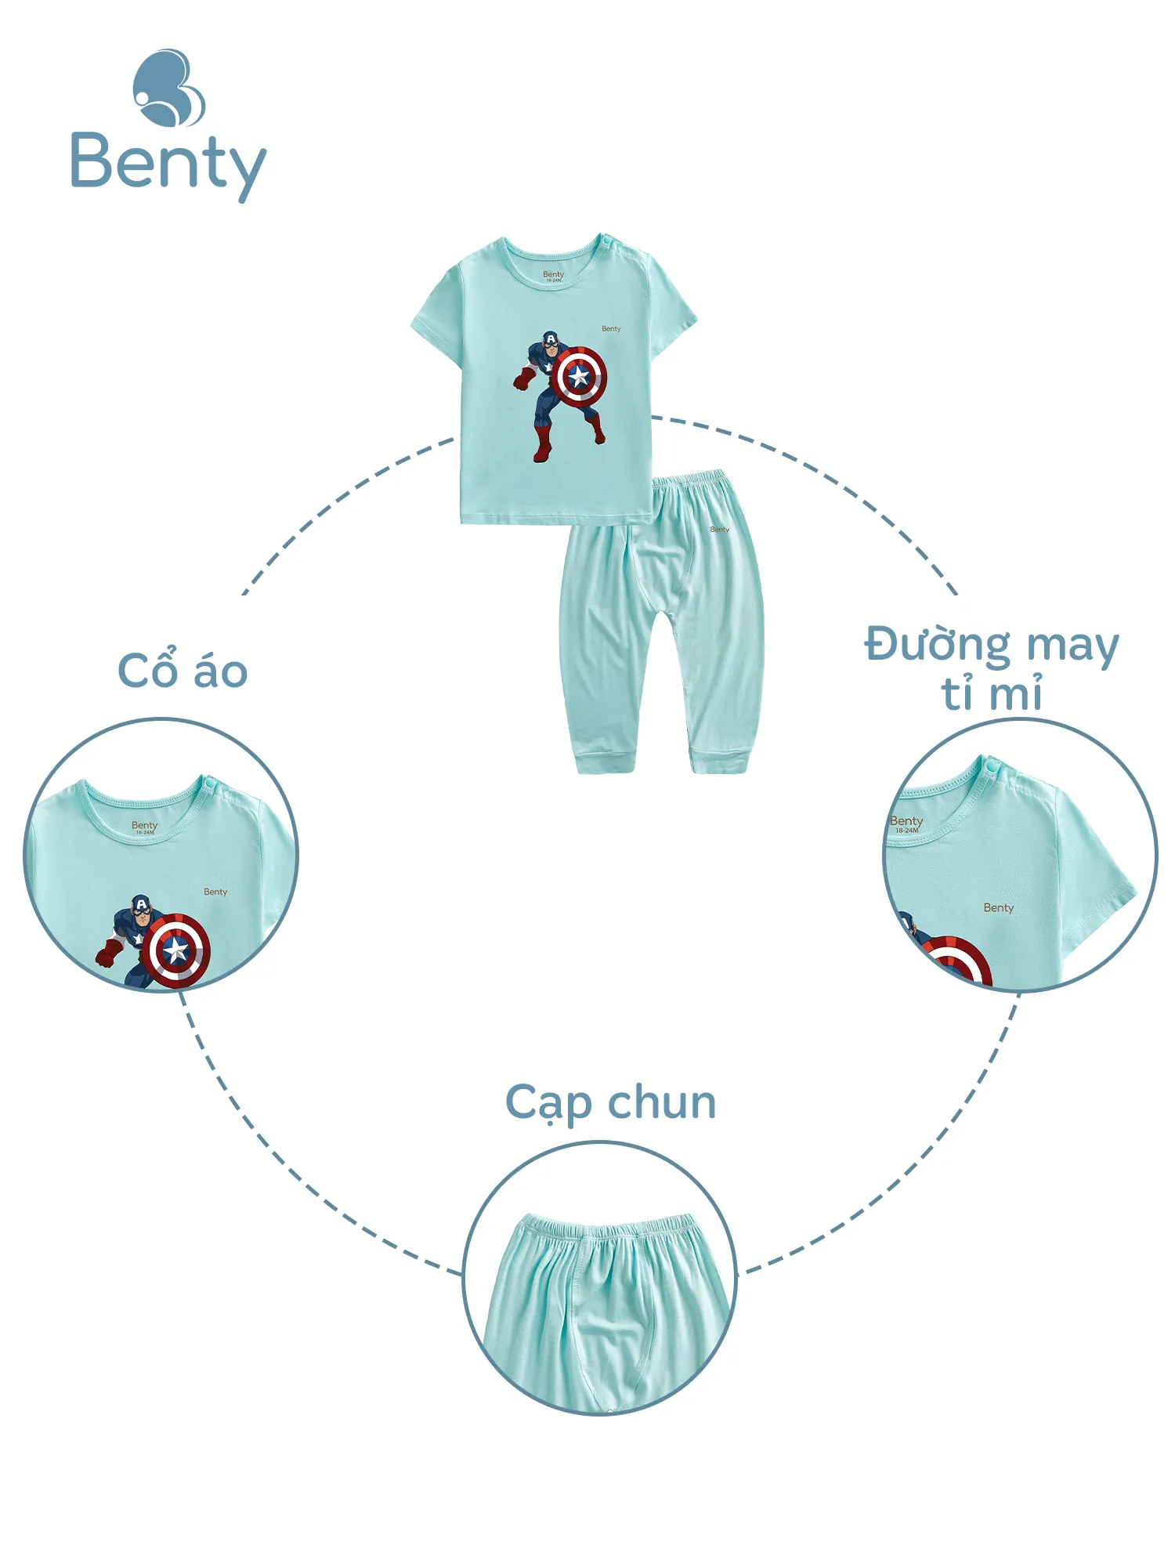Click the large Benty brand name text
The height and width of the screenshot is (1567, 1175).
[168, 164]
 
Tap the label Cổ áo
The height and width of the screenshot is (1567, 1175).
[183, 671]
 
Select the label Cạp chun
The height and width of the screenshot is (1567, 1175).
[610, 1103]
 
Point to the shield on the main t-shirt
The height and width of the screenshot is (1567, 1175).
[579, 376]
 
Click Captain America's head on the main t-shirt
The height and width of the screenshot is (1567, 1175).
[551, 342]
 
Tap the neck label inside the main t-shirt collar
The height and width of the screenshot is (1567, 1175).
[553, 276]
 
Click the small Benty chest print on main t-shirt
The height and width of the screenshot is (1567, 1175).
[611, 329]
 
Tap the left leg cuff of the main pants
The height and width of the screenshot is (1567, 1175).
[604, 760]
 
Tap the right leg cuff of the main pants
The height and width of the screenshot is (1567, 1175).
[719, 760]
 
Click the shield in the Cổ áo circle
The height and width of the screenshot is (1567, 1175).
[176, 950]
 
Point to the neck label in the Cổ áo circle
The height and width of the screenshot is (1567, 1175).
[144, 827]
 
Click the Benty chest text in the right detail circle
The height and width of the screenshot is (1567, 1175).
[998, 908]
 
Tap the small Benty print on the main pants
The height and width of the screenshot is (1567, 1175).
[719, 530]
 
